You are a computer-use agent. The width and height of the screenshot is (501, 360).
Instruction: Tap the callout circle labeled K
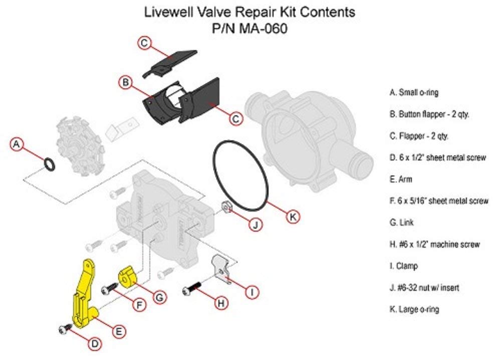[293, 217]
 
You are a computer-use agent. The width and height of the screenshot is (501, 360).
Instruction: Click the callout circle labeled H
[218, 303]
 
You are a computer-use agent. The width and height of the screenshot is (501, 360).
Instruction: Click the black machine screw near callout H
[192, 288]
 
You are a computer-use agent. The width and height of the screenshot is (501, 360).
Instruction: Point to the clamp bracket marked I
[220, 269]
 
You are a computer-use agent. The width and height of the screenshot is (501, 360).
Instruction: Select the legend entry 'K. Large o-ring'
[414, 309]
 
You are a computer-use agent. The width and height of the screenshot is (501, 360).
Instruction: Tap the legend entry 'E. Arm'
[401, 179]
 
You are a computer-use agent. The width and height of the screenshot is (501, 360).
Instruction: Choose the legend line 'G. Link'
[401, 222]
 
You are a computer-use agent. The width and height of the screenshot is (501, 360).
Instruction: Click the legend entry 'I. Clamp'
[403, 266]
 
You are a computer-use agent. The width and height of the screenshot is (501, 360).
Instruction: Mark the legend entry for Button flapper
[429, 114]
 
